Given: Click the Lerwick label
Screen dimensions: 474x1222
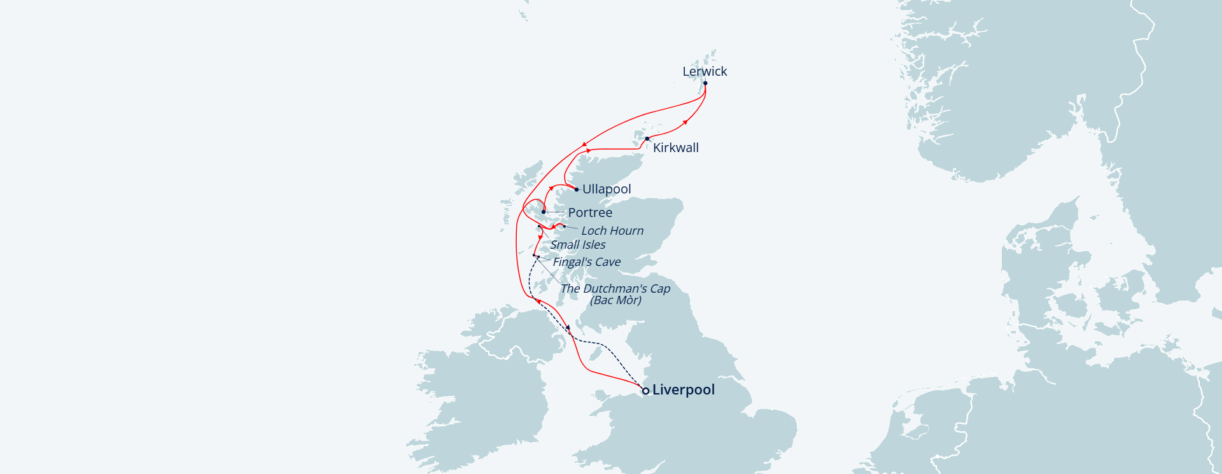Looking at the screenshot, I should click(x=705, y=71).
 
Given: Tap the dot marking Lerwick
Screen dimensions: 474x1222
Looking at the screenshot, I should click(x=705, y=83).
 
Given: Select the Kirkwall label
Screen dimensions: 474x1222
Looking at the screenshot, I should click(x=675, y=148).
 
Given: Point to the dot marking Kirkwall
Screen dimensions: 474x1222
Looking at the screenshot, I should click(x=647, y=139).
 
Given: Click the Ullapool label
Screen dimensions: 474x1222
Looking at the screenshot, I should click(x=607, y=189).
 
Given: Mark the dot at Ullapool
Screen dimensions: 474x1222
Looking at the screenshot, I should click(x=577, y=190).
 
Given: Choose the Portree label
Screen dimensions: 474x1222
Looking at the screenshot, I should click(x=590, y=213).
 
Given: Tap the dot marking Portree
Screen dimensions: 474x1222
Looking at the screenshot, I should click(x=544, y=212).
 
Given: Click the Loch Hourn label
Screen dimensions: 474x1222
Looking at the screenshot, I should click(x=612, y=231).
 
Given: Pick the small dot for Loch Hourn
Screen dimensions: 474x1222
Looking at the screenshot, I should click(x=564, y=226).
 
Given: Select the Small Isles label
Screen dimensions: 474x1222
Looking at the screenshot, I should click(x=578, y=245).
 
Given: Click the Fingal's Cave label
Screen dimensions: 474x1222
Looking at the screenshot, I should click(x=586, y=262).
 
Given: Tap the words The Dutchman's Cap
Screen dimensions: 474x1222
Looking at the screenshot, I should click(x=615, y=288).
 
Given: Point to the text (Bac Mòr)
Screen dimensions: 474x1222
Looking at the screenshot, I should click(x=615, y=300).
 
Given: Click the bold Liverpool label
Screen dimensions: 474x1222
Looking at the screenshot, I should click(x=684, y=390).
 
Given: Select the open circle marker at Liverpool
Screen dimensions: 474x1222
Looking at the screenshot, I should click(x=645, y=391).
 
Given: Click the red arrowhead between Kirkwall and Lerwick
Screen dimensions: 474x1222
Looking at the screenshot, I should click(x=685, y=121).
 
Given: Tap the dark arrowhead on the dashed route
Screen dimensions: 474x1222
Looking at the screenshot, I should click(x=568, y=327).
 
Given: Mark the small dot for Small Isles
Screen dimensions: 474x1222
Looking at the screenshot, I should click(x=539, y=227).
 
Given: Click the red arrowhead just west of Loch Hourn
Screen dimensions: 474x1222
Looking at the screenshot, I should click(x=554, y=227).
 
